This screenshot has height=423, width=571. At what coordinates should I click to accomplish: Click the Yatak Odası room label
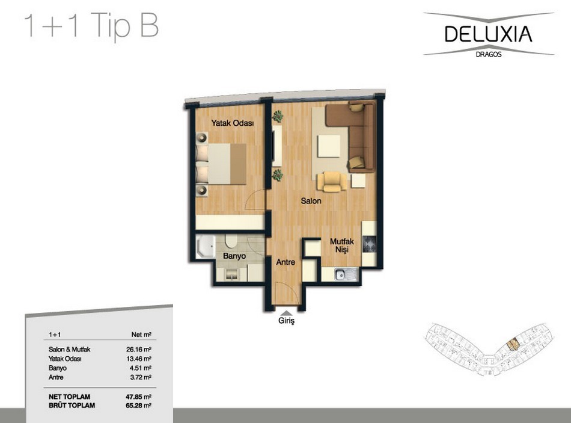233,123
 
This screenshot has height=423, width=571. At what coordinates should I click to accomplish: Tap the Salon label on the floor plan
311,200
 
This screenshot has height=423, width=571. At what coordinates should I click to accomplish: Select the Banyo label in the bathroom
234,256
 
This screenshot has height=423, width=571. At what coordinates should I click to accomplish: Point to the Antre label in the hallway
285,262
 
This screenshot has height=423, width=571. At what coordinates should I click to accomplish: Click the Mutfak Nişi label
342,245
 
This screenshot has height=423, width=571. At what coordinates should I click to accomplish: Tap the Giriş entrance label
286,321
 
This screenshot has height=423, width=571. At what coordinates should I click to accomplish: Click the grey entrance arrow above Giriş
287,312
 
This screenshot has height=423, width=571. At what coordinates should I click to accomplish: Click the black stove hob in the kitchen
369,244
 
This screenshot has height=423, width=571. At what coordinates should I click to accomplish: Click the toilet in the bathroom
231,241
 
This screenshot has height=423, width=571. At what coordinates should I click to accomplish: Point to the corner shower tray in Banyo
206,247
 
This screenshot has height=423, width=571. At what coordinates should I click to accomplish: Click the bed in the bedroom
221,164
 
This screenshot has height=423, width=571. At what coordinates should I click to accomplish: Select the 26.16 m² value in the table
139,350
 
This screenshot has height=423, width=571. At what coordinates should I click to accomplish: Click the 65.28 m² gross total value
139,405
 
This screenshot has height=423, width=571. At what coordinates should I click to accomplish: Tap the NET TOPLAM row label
69,397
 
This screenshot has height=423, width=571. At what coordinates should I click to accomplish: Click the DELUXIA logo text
488,34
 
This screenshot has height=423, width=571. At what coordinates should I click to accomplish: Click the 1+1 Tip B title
91,25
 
